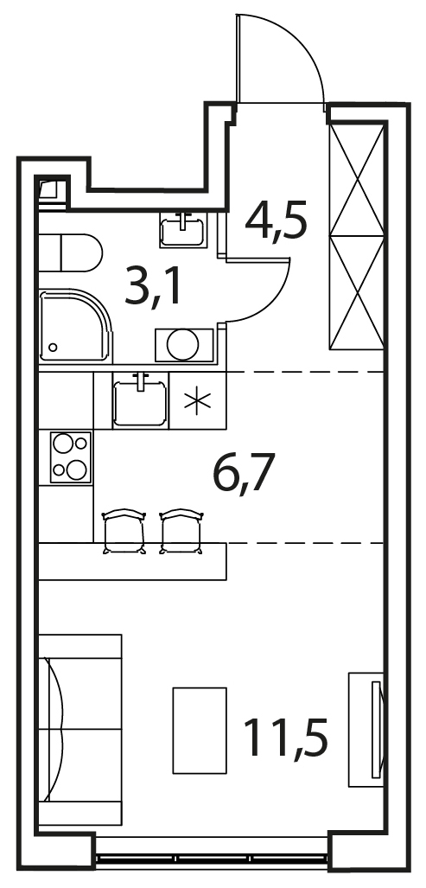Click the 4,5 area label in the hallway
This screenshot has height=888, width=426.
pyautogui.click(x=277, y=220)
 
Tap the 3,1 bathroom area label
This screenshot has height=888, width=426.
pyautogui.click(x=153, y=286)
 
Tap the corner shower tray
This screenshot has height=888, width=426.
pyautogui.click(x=75, y=326)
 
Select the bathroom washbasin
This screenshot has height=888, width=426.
pyautogui.click(x=182, y=230)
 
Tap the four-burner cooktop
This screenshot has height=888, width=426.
pyautogui.click(x=71, y=457)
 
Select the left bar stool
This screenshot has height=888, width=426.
pyautogui.click(x=124, y=531)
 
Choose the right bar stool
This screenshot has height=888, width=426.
pyautogui.click(x=182, y=531)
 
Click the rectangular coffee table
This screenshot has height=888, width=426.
pyautogui.click(x=199, y=730)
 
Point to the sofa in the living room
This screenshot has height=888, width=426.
pyautogui.click(x=79, y=729)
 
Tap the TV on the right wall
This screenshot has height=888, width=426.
pyautogui.click(x=376, y=730)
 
